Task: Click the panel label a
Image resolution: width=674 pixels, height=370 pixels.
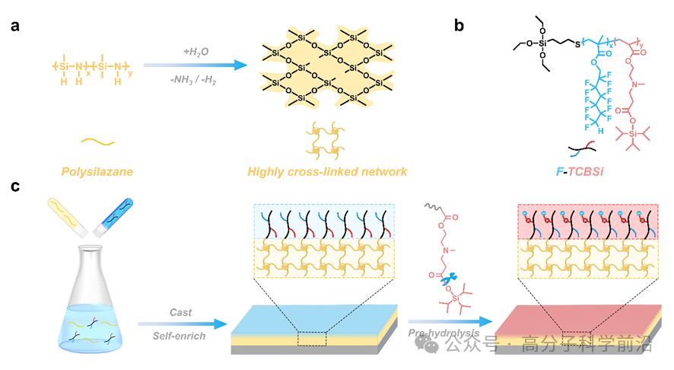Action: pyautogui.click(x=15, y=25)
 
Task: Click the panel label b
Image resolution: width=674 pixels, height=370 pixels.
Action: pyautogui.click(x=459, y=25)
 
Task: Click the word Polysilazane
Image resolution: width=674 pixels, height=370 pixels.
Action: pyautogui.click(x=97, y=172)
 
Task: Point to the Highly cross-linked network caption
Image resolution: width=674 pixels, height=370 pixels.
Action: pyautogui.click(x=327, y=172)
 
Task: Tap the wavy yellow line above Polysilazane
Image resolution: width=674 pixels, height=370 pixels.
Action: pyautogui.click(x=98, y=142)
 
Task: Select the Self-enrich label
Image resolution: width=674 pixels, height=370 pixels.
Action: pyautogui.click(x=183, y=336)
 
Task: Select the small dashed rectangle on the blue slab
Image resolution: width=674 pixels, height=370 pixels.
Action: pyautogui.click(x=312, y=339)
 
